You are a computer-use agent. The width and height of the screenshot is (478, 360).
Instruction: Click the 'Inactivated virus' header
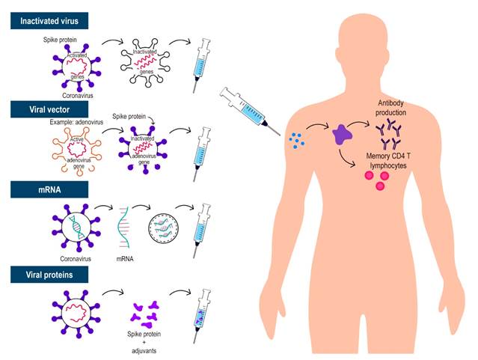pyautogui.click(x=55, y=22)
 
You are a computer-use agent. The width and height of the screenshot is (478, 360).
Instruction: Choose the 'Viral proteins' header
pyautogui.click(x=49, y=276)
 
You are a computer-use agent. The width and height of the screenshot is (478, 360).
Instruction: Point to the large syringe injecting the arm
pyautogui.click(x=247, y=109)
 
